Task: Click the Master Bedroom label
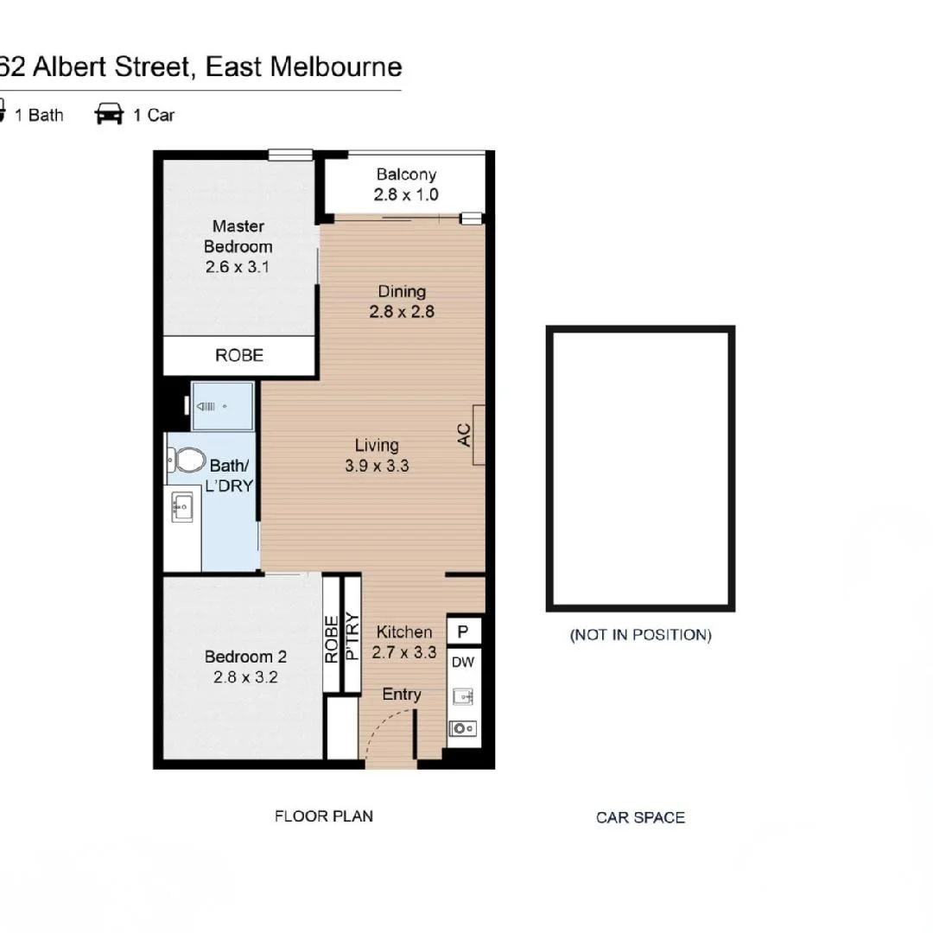[x=238, y=236]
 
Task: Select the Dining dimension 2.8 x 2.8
[x=402, y=312]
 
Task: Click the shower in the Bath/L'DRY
[x=222, y=406]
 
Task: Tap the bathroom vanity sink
[x=182, y=506]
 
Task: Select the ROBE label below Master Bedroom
[x=239, y=355]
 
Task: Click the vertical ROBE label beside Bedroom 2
[x=332, y=638]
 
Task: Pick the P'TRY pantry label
[x=352, y=636]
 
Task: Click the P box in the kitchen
[x=463, y=632]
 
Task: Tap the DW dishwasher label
[x=463, y=663]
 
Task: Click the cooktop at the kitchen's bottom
[x=462, y=728]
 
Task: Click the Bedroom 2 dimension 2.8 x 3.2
[x=245, y=677]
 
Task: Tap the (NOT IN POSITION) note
[x=640, y=635]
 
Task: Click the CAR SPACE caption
[x=640, y=817]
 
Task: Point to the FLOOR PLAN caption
[x=324, y=816]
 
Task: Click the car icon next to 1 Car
[x=110, y=114]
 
